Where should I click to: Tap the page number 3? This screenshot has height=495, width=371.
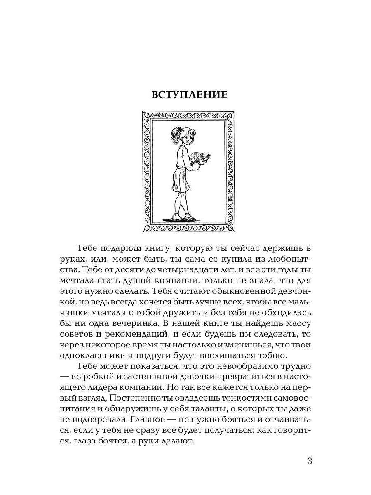click(310, 461)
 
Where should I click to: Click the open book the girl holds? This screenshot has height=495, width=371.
click(200, 157)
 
